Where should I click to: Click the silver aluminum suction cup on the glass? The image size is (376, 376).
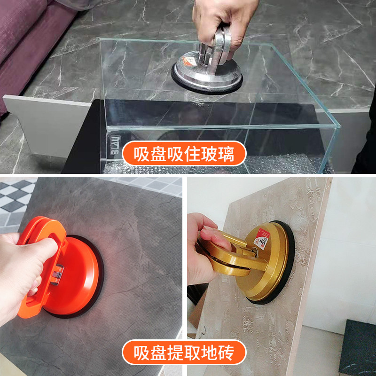[207, 75]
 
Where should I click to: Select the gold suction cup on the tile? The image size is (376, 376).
[263, 263]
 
